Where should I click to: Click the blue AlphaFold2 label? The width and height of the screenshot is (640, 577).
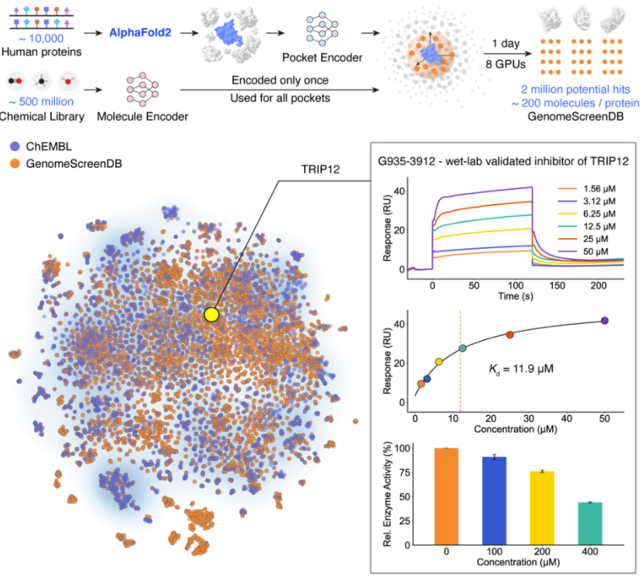pos(140,33)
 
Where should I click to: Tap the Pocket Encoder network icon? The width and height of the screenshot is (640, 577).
pos(322,29)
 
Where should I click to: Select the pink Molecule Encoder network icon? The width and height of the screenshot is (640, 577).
pos(142,89)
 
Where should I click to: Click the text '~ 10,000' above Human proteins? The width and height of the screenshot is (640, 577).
pos(41,38)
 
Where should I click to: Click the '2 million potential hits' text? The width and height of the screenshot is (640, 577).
pos(575,90)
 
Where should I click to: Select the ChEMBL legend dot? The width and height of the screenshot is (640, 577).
pos(15,146)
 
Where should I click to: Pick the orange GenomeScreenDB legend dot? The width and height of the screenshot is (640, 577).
pos(15,164)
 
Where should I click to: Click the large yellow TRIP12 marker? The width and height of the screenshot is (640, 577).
pos(211,315)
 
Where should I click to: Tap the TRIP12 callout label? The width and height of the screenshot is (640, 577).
pos(320,170)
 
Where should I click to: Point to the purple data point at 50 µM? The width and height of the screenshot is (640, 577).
pos(604,321)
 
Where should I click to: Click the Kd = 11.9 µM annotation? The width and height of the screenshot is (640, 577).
pos(521,369)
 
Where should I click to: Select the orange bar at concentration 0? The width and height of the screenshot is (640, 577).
pos(446,496)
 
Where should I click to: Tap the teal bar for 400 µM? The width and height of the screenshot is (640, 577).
pos(590,523)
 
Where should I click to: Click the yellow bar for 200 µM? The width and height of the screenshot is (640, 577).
pos(542,508)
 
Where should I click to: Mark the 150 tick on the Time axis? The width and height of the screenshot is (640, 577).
pos(557,285)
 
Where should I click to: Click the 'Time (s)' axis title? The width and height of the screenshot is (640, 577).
pos(515,296)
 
